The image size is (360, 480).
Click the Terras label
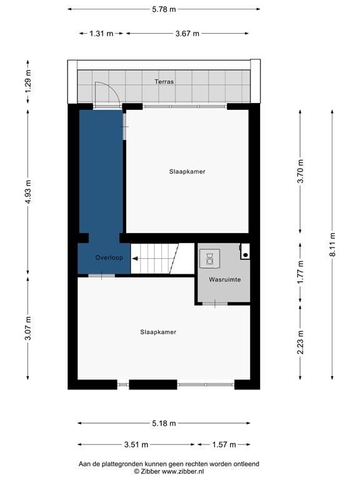point(165,82)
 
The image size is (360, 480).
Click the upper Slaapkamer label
point(187,171)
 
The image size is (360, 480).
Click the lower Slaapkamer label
point(158,332)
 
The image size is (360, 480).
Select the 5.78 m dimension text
point(164,9)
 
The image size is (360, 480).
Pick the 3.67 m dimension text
point(187,34)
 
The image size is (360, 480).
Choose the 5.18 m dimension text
point(164,424)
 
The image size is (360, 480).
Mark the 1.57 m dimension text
point(224,445)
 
